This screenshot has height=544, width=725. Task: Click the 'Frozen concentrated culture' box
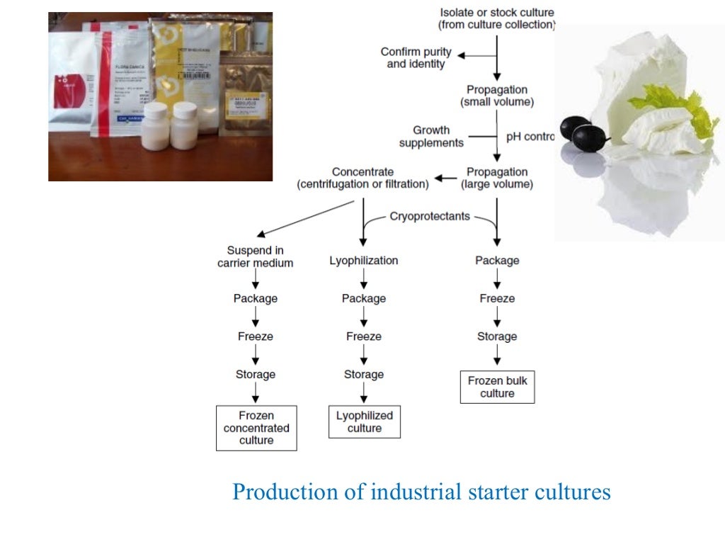click(x=256, y=428)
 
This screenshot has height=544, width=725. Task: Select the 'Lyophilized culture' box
click(x=365, y=421)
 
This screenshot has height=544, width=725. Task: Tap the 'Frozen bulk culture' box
click(x=497, y=387)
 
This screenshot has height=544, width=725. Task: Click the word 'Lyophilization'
click(x=364, y=261)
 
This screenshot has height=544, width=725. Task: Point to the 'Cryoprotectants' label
click(x=430, y=216)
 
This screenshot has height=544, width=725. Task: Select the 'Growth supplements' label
click(x=431, y=137)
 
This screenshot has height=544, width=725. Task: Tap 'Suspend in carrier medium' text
click(x=255, y=256)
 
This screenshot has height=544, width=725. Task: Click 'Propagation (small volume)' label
click(x=497, y=96)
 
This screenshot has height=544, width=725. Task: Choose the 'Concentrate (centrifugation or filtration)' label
click(x=362, y=178)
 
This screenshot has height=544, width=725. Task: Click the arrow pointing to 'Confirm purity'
click(x=467, y=54)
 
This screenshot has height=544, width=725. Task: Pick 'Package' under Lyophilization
click(x=364, y=299)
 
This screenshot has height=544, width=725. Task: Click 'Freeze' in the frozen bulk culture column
click(x=497, y=299)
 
